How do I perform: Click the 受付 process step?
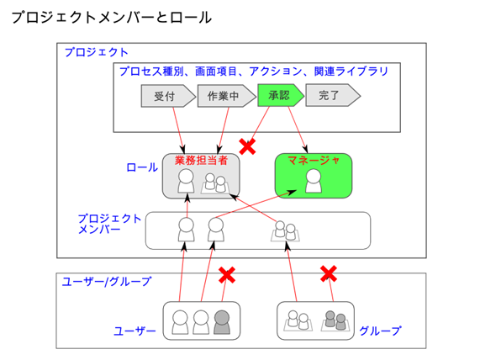(x=168, y=96)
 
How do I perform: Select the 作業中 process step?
(x=226, y=96)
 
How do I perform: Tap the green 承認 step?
(x=281, y=95)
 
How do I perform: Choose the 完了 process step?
(x=333, y=95)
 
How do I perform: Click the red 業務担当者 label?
(x=201, y=160)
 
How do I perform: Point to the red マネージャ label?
(x=314, y=160)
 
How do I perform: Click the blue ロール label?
(x=142, y=167)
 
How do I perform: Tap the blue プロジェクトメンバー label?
(x=109, y=224)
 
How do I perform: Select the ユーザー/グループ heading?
(x=107, y=281)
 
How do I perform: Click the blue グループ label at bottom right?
(x=380, y=331)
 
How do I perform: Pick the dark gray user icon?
(x=222, y=322)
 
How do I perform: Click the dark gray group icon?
(x=335, y=320)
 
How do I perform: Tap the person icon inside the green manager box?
(x=314, y=181)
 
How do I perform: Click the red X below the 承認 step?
(x=247, y=146)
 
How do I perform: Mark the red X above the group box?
(x=329, y=273)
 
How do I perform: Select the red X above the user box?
(x=227, y=274)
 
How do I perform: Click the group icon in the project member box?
(x=285, y=231)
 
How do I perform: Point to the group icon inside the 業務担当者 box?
(x=215, y=183)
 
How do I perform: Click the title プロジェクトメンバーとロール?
(x=112, y=18)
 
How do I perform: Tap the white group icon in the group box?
(x=298, y=320)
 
